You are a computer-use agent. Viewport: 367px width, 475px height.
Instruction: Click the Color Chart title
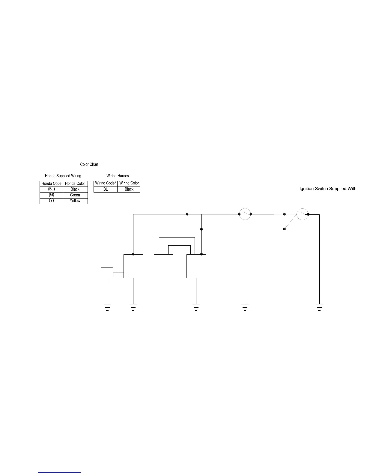point(89,164)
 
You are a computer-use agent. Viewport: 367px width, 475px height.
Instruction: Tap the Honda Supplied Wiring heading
point(63,176)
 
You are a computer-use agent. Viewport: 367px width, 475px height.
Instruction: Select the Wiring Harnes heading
point(118,176)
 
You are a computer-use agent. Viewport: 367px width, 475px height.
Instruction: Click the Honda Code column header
point(51,184)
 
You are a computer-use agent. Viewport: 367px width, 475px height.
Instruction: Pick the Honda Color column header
point(75,184)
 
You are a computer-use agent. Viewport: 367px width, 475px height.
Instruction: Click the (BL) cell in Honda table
point(51,189)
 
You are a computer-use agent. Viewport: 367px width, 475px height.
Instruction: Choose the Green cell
point(75,195)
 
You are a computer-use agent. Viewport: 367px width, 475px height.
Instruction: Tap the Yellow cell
point(75,201)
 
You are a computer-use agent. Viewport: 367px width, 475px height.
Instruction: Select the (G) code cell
point(51,195)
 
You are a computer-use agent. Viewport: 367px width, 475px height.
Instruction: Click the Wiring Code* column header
point(105,183)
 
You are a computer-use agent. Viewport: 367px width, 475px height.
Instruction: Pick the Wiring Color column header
point(129,183)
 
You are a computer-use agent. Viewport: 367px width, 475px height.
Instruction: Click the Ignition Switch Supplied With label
point(328,189)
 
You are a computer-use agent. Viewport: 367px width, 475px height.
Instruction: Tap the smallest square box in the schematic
point(107,273)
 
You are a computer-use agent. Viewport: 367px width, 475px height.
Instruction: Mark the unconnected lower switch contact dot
point(285,229)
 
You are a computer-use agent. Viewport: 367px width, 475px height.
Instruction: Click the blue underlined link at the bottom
point(59,472)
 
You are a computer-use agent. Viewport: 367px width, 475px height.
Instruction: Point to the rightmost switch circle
point(302,214)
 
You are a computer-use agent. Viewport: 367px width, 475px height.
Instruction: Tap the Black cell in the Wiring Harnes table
point(129,189)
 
